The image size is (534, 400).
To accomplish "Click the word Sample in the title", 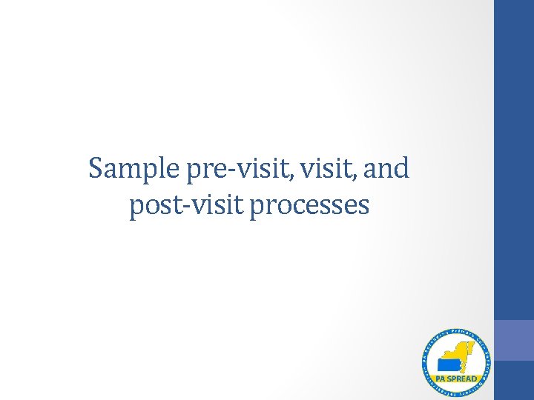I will coord(133,170).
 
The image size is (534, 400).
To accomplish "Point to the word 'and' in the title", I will coord(386,169).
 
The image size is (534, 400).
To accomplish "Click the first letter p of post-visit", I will coord(136,209).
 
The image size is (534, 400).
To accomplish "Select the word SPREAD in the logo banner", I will coord(461,379).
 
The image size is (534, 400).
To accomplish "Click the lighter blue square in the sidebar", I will coord(514,340).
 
